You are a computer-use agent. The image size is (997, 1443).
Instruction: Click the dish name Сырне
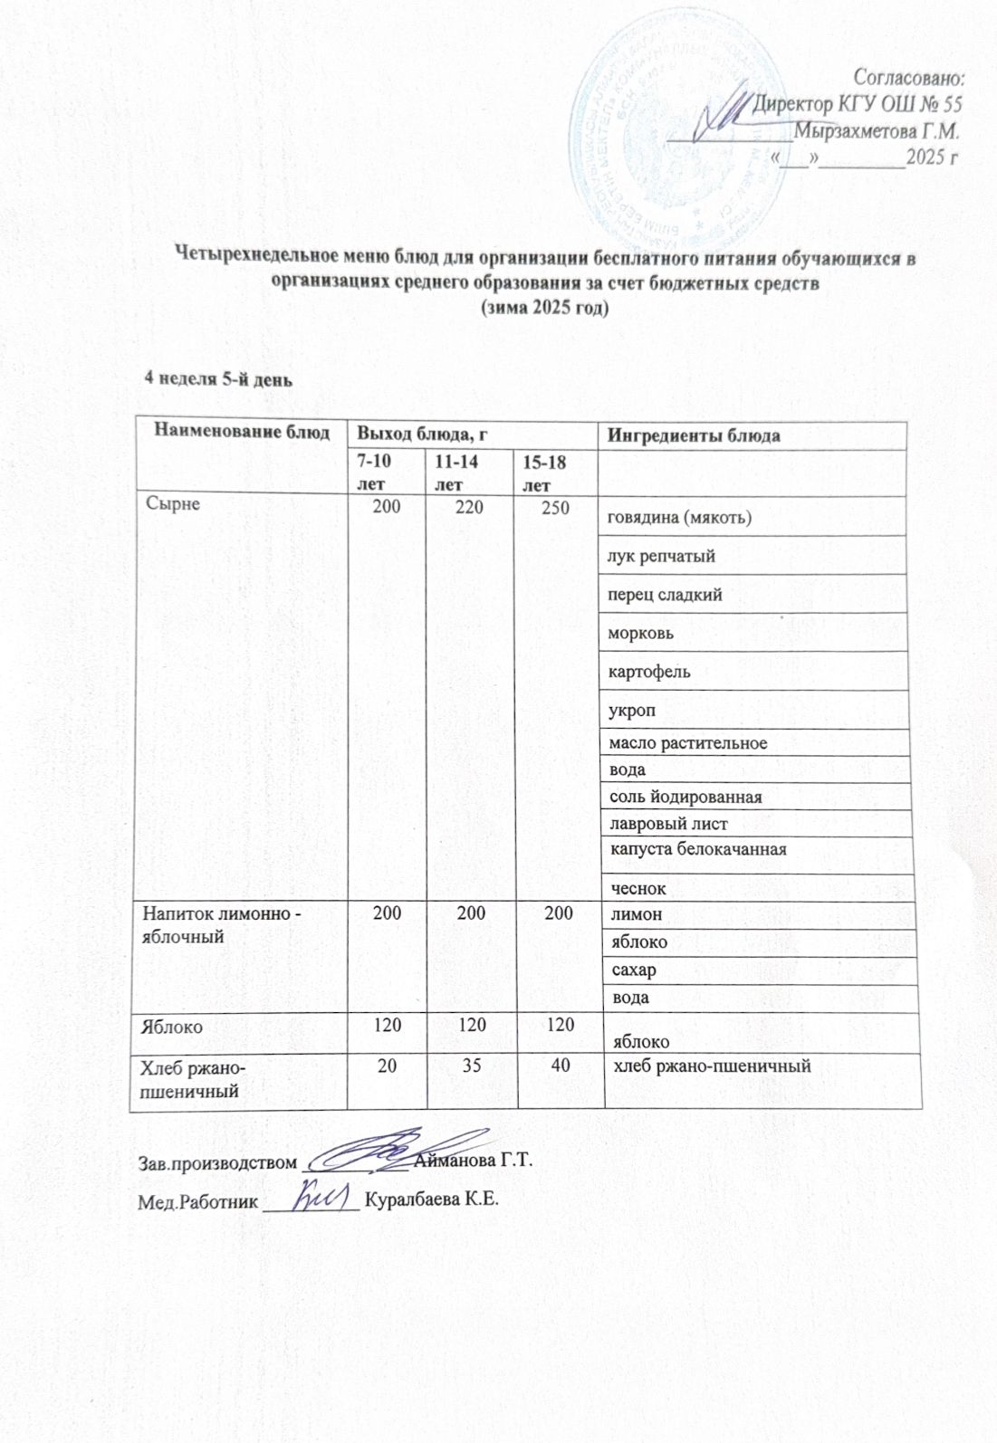pos(173,504)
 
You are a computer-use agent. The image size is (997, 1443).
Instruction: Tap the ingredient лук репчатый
pos(662,556)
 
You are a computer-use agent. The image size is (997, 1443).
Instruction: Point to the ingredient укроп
pos(632,710)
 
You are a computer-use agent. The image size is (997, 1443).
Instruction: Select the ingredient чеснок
pos(639,889)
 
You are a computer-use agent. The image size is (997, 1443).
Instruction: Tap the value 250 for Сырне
pos(555,507)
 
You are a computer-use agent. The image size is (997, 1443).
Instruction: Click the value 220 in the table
pos(468,507)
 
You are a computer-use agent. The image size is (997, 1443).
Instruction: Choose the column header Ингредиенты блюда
pos(694,435)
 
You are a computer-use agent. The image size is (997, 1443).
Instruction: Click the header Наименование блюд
pos(241,431)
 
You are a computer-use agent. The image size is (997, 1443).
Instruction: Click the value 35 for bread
pos(471,1066)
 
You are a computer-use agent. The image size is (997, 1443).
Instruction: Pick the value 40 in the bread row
pos(561,1066)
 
